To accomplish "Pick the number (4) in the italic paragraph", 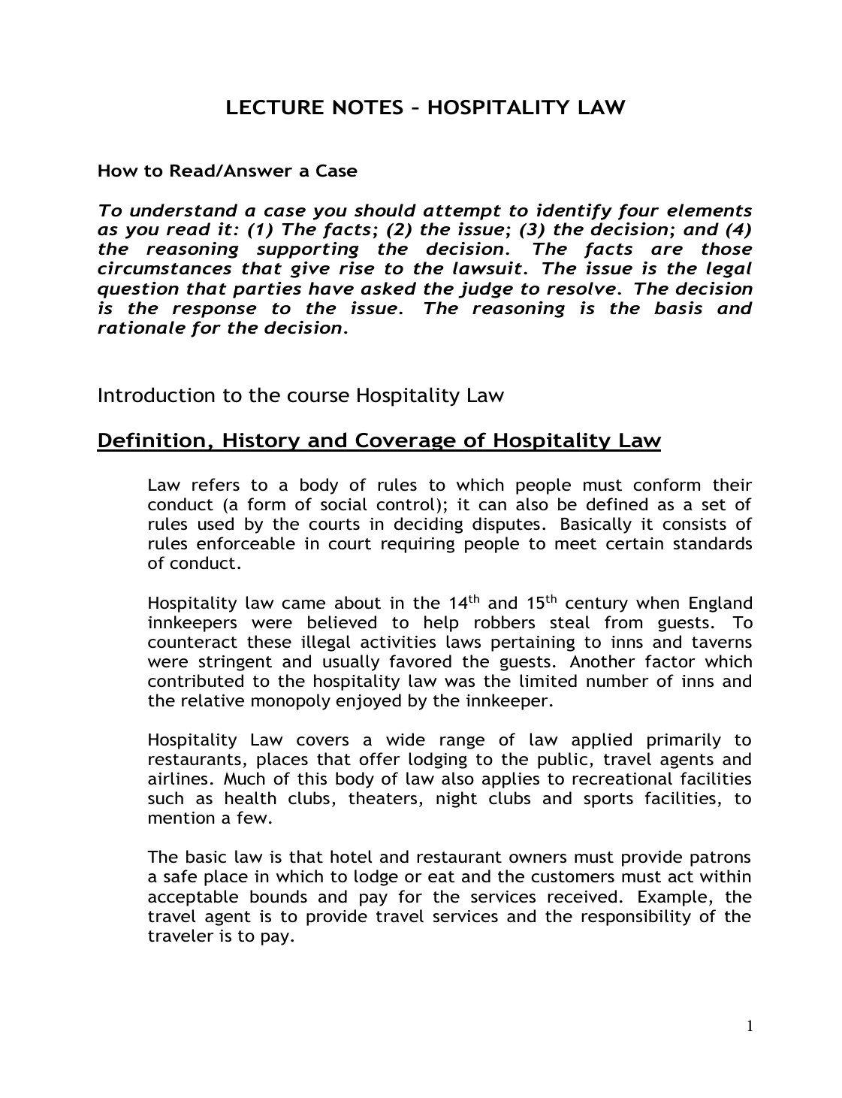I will point(739,230).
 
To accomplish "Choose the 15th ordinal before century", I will point(540,602).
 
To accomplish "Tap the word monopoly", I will point(288,701).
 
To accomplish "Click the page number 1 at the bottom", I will point(749,1027).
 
